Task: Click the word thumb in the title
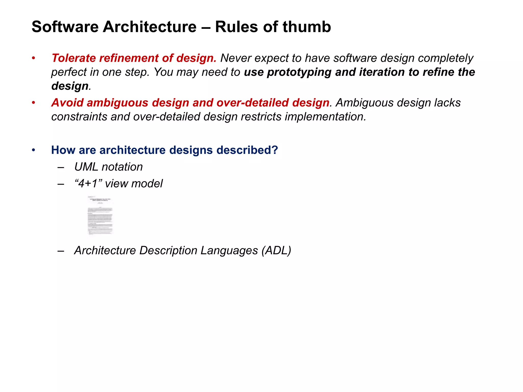click(x=306, y=27)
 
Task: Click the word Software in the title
click(x=65, y=27)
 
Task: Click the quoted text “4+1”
click(x=89, y=184)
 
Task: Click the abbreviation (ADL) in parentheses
click(x=276, y=251)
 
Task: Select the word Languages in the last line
click(x=229, y=251)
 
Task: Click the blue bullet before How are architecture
click(x=33, y=150)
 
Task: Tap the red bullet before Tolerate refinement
click(x=33, y=58)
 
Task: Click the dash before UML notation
click(x=61, y=167)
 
